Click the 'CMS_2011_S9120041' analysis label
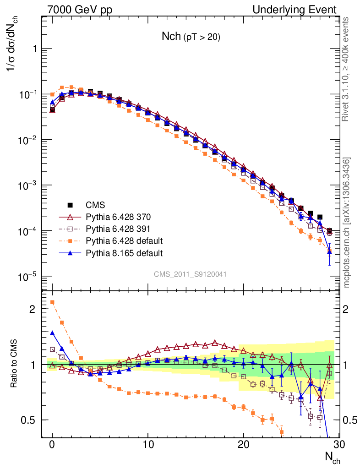pyautogui.click(x=190, y=274)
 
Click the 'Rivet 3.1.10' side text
pyautogui.click(x=347, y=69)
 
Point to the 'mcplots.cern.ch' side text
pyautogui.click(x=347, y=223)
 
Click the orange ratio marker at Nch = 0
pyautogui.click(x=52, y=302)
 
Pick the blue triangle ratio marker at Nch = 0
pyautogui.click(x=52, y=333)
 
